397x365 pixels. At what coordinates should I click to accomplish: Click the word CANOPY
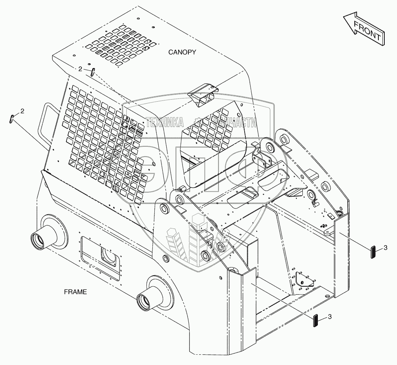tap(182, 52)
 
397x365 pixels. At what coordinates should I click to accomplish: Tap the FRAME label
tap(75, 292)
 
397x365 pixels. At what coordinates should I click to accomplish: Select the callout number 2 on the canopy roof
tap(80, 69)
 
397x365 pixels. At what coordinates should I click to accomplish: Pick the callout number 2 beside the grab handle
tap(22, 112)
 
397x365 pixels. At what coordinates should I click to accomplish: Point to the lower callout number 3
tap(329, 317)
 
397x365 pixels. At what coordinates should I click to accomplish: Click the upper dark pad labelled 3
tap(372, 252)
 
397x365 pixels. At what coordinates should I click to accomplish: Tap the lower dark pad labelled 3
tap(315, 320)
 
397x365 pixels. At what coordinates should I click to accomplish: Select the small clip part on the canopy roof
tap(92, 72)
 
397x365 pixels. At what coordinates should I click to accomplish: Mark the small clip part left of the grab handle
tap(12, 118)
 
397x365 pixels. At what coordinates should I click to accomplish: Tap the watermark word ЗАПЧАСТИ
tap(234, 122)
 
